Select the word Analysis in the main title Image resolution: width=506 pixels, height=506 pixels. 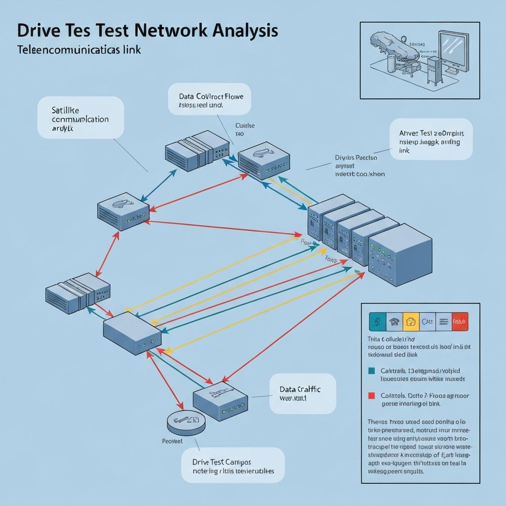pyautogui.click(x=245, y=31)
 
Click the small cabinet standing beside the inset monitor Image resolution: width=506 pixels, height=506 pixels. pyautogui.click(x=433, y=72)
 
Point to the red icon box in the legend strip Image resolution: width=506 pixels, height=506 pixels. pyautogui.click(x=460, y=322)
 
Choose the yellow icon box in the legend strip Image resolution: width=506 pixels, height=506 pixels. pyautogui.click(x=411, y=322)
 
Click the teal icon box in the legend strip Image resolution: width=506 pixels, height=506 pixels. pyautogui.click(x=378, y=322)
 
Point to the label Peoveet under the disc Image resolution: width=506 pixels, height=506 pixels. pyautogui.click(x=172, y=440)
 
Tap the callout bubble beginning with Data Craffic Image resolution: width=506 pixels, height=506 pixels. pyautogui.click(x=302, y=393)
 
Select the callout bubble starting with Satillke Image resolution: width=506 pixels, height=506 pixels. pyautogui.click(x=81, y=117)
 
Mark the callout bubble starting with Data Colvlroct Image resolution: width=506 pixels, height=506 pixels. pyautogui.click(x=209, y=99)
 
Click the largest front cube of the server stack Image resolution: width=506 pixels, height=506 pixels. pyautogui.click(x=400, y=254)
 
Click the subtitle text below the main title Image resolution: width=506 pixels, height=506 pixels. pyautogui.click(x=79, y=50)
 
